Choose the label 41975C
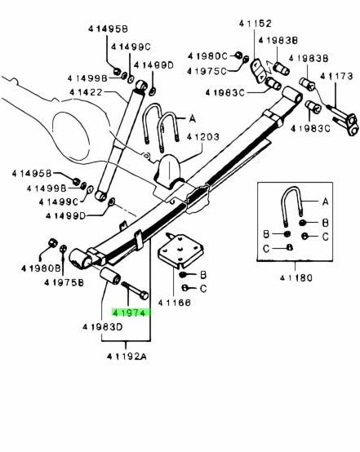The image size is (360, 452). (210, 71)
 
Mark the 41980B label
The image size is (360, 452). (39, 268)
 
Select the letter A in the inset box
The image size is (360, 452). (324, 201)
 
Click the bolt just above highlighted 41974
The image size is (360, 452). (133, 288)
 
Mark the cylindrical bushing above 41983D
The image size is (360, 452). (109, 286)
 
